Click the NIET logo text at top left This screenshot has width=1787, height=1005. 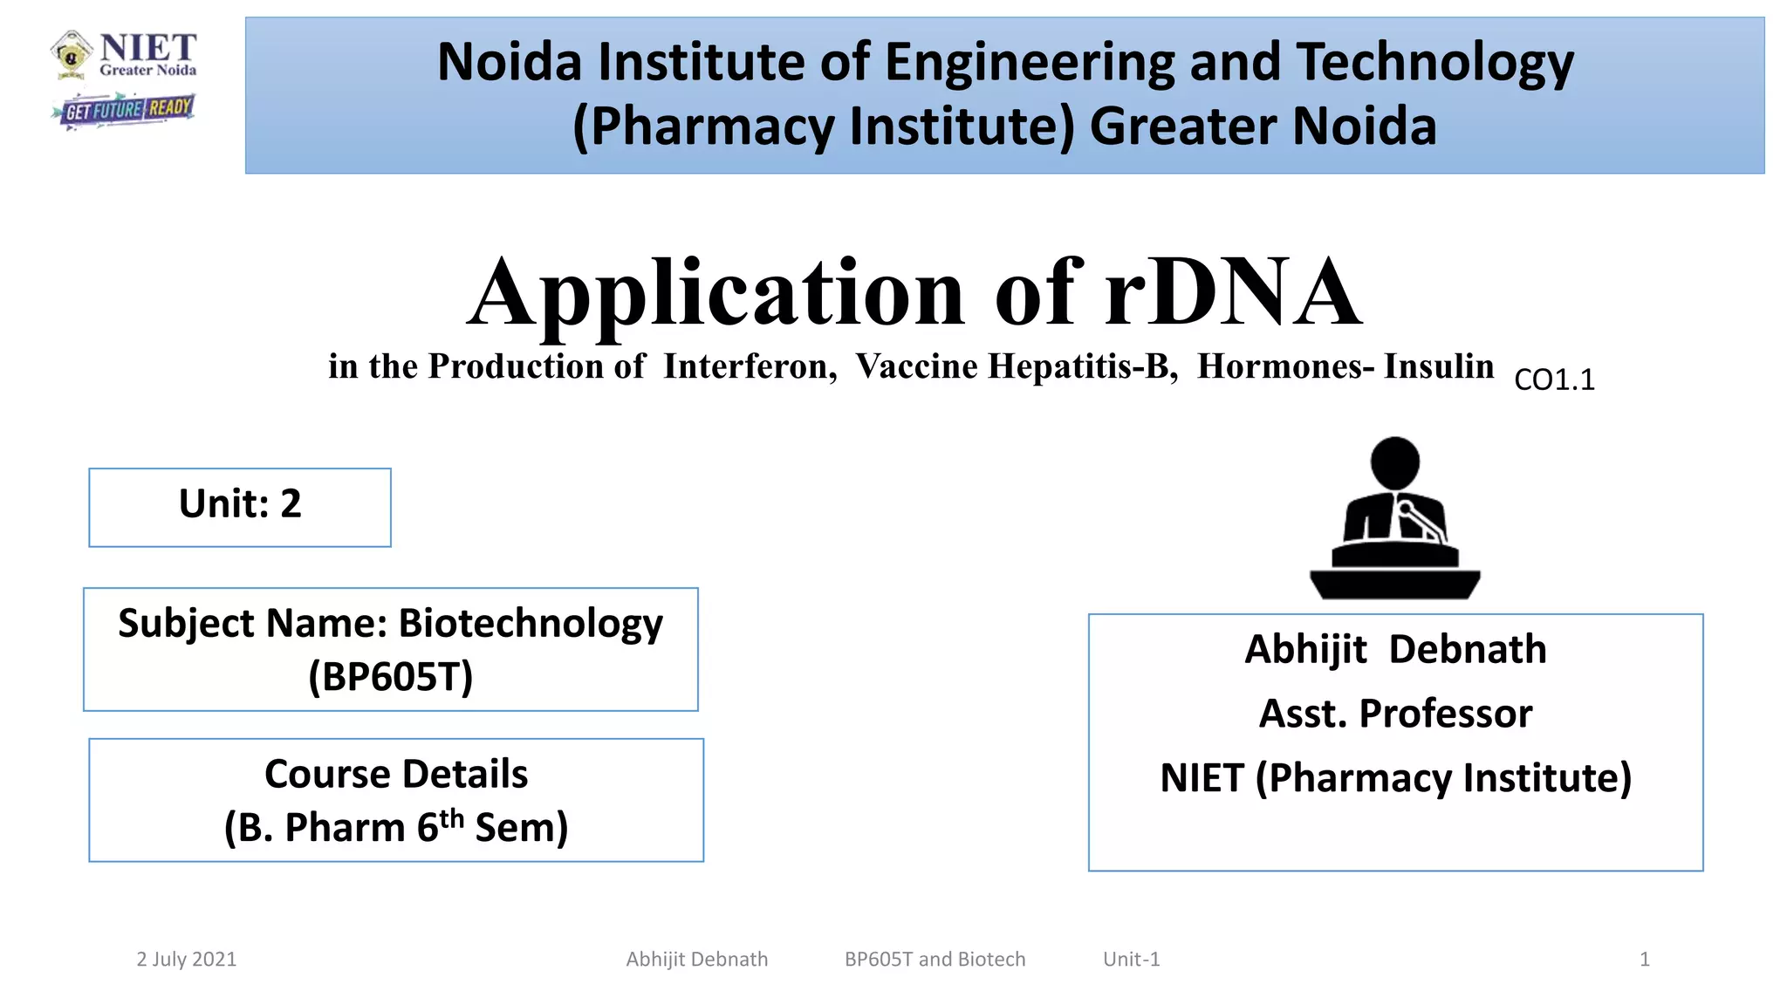coord(147,49)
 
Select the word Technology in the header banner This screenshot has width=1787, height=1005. coord(1434,63)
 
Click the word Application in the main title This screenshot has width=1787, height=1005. coord(715,294)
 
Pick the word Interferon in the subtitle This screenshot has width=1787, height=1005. coord(750,366)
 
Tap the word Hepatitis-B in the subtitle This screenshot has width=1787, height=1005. coord(1083,366)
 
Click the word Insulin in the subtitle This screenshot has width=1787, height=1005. coord(1439,366)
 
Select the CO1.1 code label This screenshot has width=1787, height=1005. coord(1554,380)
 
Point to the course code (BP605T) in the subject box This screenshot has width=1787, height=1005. coord(391,676)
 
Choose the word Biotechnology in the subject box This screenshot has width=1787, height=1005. coord(531,624)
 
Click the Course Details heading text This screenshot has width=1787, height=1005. coord(396,775)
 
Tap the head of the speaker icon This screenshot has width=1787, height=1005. coord(1394,462)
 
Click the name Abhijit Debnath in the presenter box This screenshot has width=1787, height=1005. coord(1395,650)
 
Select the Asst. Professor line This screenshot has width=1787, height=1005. coord(1395,714)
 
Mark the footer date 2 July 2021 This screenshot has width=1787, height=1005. coord(187,960)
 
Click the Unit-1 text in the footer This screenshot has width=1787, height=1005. coord(1132,960)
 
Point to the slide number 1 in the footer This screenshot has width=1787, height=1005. coord(1645,960)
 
